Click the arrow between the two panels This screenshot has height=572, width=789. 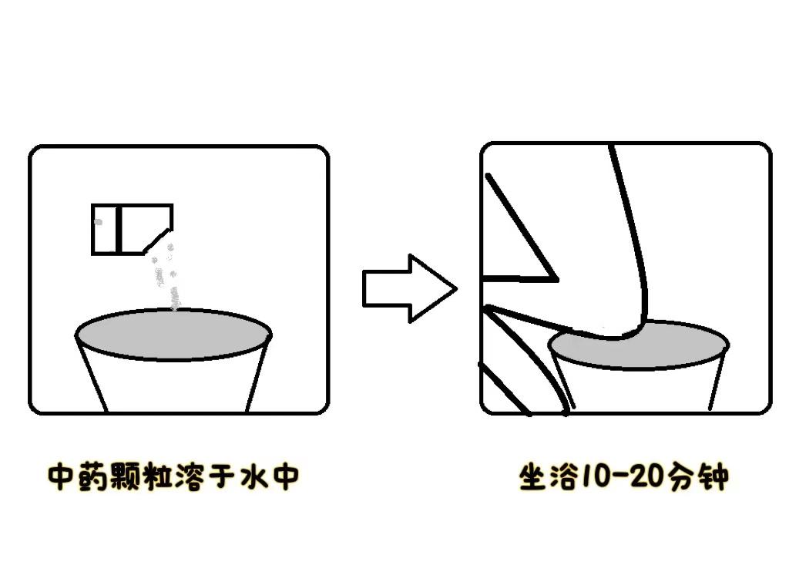pyautogui.click(x=408, y=288)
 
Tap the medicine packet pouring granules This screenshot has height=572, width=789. pyautogui.click(x=131, y=229)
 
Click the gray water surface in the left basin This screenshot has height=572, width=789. pyautogui.click(x=173, y=335)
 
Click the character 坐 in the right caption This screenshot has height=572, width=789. pyautogui.click(x=532, y=477)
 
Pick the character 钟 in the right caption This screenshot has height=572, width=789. pyautogui.click(x=713, y=477)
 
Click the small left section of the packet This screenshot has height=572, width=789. pyautogui.click(x=105, y=229)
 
